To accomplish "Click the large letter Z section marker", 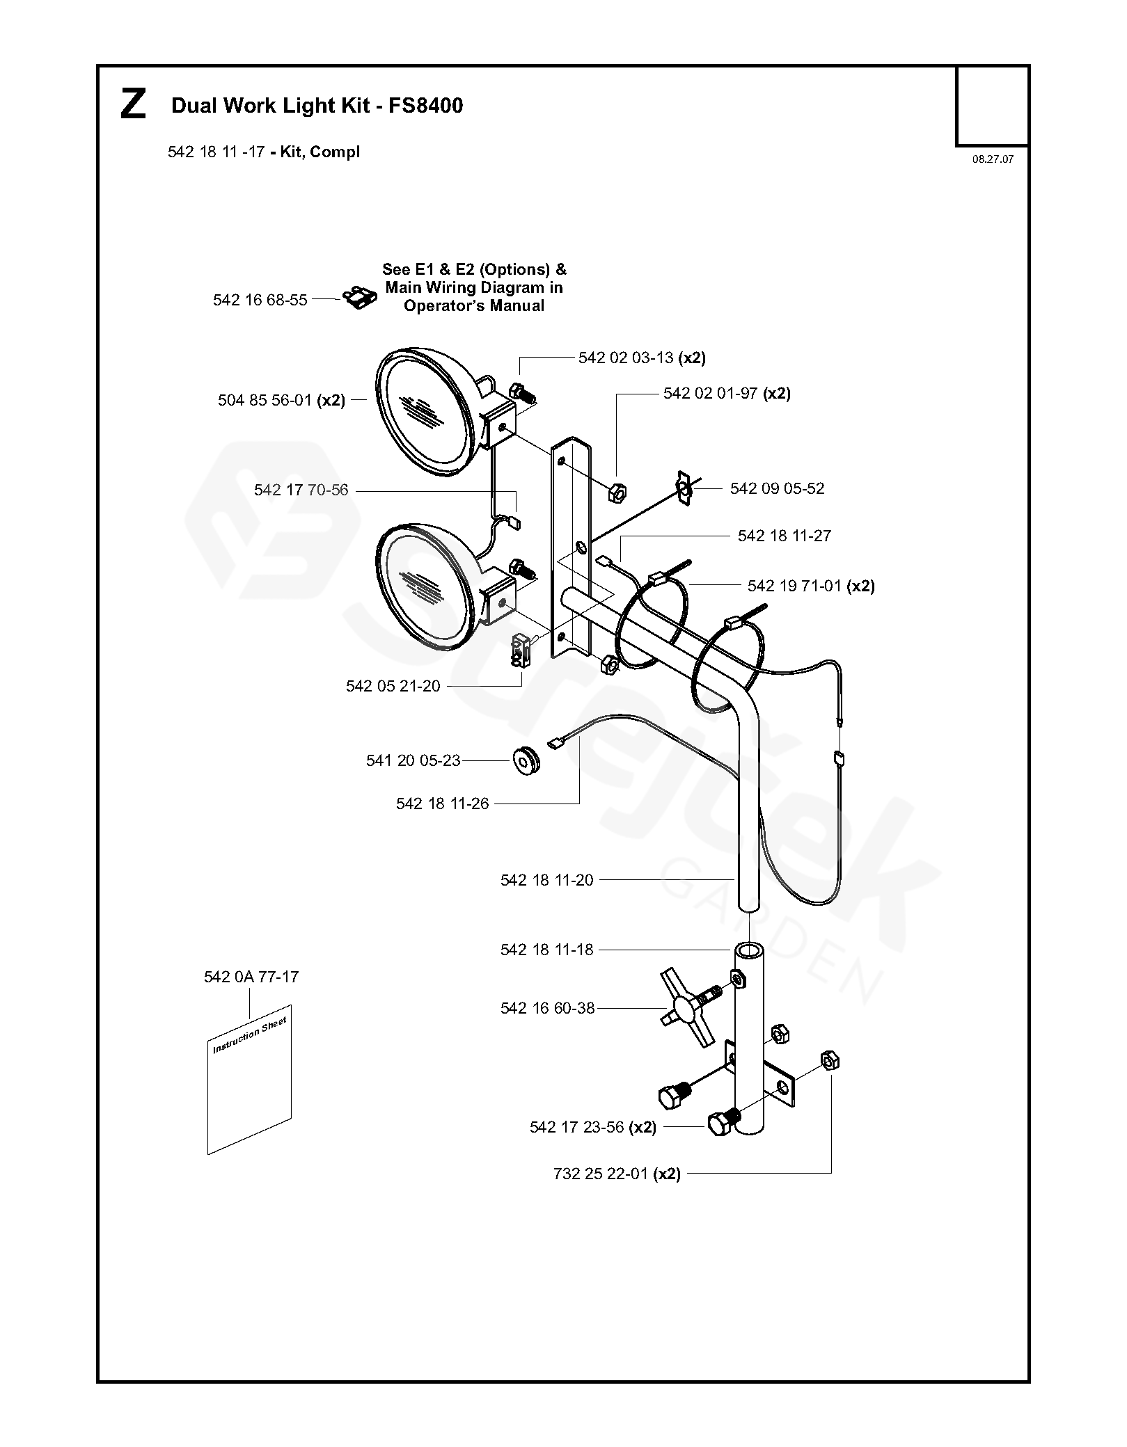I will (x=133, y=105).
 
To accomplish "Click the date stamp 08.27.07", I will (x=993, y=159).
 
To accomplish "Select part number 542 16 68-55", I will (x=260, y=300).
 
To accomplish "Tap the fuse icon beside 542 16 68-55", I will (x=361, y=298).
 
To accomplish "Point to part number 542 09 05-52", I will (x=777, y=488).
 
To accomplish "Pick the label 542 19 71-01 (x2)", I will (x=811, y=586).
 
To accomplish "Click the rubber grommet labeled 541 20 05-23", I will (x=527, y=760).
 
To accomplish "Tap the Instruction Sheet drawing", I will (x=250, y=1079).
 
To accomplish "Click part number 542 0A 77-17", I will (x=251, y=977).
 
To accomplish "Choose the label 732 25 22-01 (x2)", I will (x=617, y=1174).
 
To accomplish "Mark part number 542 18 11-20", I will (x=546, y=880).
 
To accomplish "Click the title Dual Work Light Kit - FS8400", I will (x=317, y=106).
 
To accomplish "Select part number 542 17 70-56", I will (x=301, y=490).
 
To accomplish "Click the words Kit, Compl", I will (x=320, y=152).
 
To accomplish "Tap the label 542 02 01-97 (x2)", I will (x=727, y=394).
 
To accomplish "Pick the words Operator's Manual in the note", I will (x=474, y=306).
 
